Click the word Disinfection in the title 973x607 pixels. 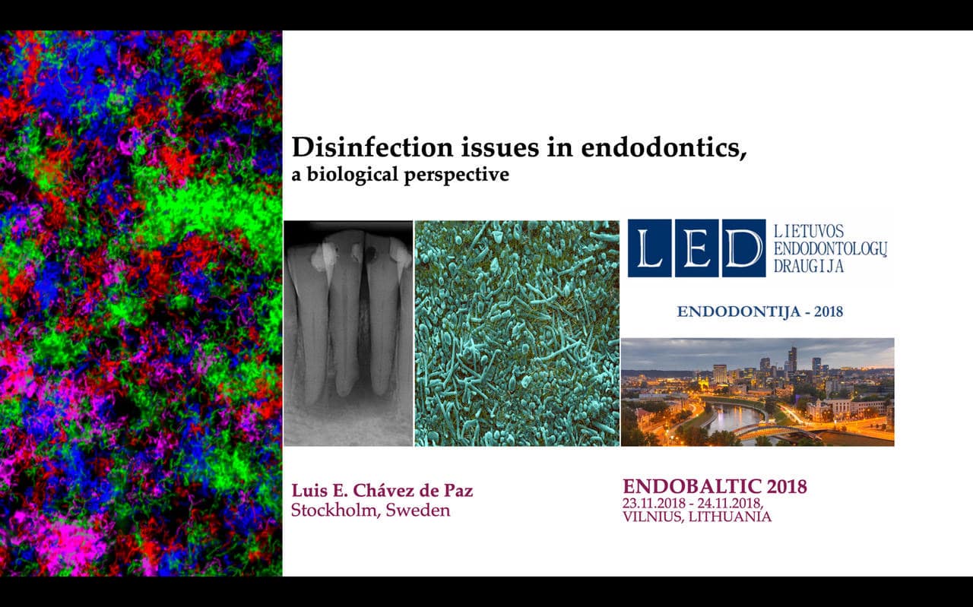pyautogui.click(x=373, y=147)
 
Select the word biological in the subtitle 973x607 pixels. pyautogui.click(x=352, y=175)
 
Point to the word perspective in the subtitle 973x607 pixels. pyautogui.click(x=457, y=175)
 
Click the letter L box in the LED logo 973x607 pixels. pyautogui.click(x=650, y=248)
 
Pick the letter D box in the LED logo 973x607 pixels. pyautogui.click(x=743, y=248)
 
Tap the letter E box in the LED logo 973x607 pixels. pyautogui.click(x=697, y=248)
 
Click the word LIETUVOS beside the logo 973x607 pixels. pyautogui.click(x=808, y=231)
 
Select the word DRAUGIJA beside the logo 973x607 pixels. pyautogui.click(x=808, y=265)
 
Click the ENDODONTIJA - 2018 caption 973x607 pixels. pyautogui.click(x=759, y=311)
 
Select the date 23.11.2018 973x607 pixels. pyautogui.click(x=654, y=503)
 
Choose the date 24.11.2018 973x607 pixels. pyautogui.click(x=729, y=503)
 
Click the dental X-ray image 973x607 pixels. pyautogui.click(x=348, y=334)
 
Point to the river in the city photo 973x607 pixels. pyautogui.click(x=734, y=418)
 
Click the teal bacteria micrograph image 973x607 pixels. pyautogui.click(x=517, y=334)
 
